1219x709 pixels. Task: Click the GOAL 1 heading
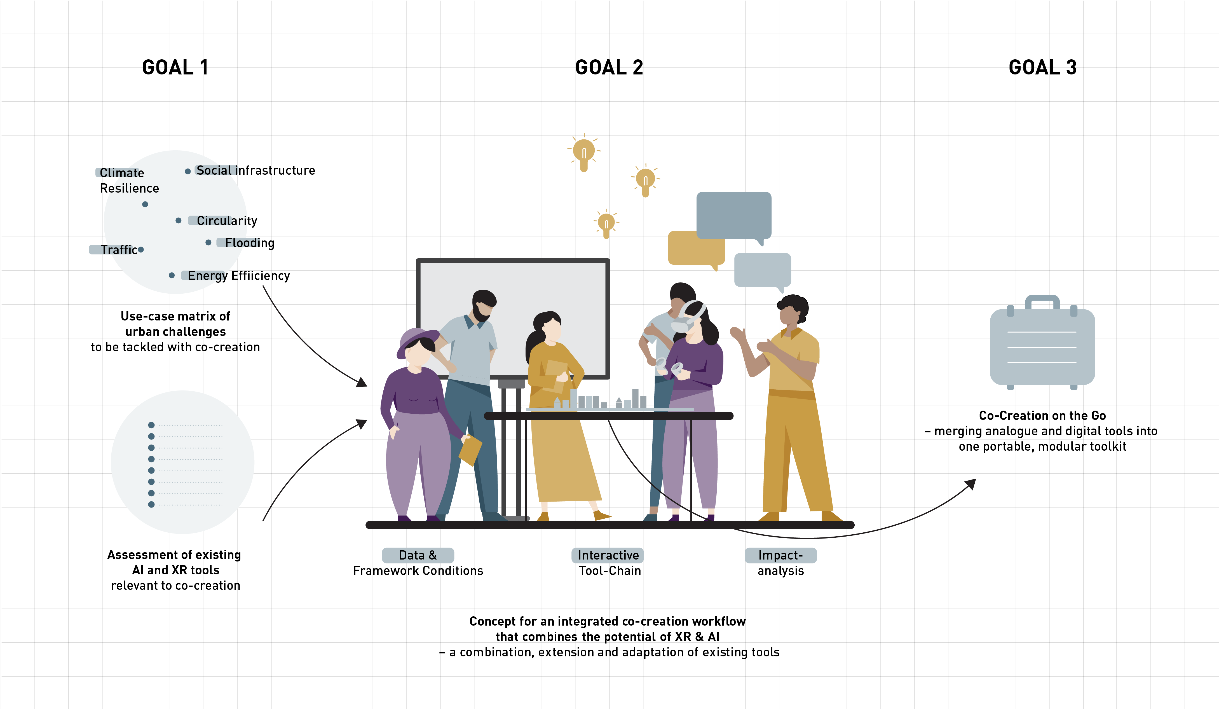tap(175, 67)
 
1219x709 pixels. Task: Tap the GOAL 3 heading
tap(1042, 67)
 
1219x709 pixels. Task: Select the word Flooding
tap(250, 243)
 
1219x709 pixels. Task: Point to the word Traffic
tap(119, 250)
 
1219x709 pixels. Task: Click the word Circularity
tap(227, 221)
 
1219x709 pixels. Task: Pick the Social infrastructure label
tap(255, 170)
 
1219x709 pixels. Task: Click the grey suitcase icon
tap(1042, 346)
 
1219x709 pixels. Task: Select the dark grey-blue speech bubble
tap(734, 215)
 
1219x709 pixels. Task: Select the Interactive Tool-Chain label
tap(609, 562)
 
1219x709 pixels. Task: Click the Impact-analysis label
tap(780, 562)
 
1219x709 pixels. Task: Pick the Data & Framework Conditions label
tap(418, 562)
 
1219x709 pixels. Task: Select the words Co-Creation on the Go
tap(1042, 415)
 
